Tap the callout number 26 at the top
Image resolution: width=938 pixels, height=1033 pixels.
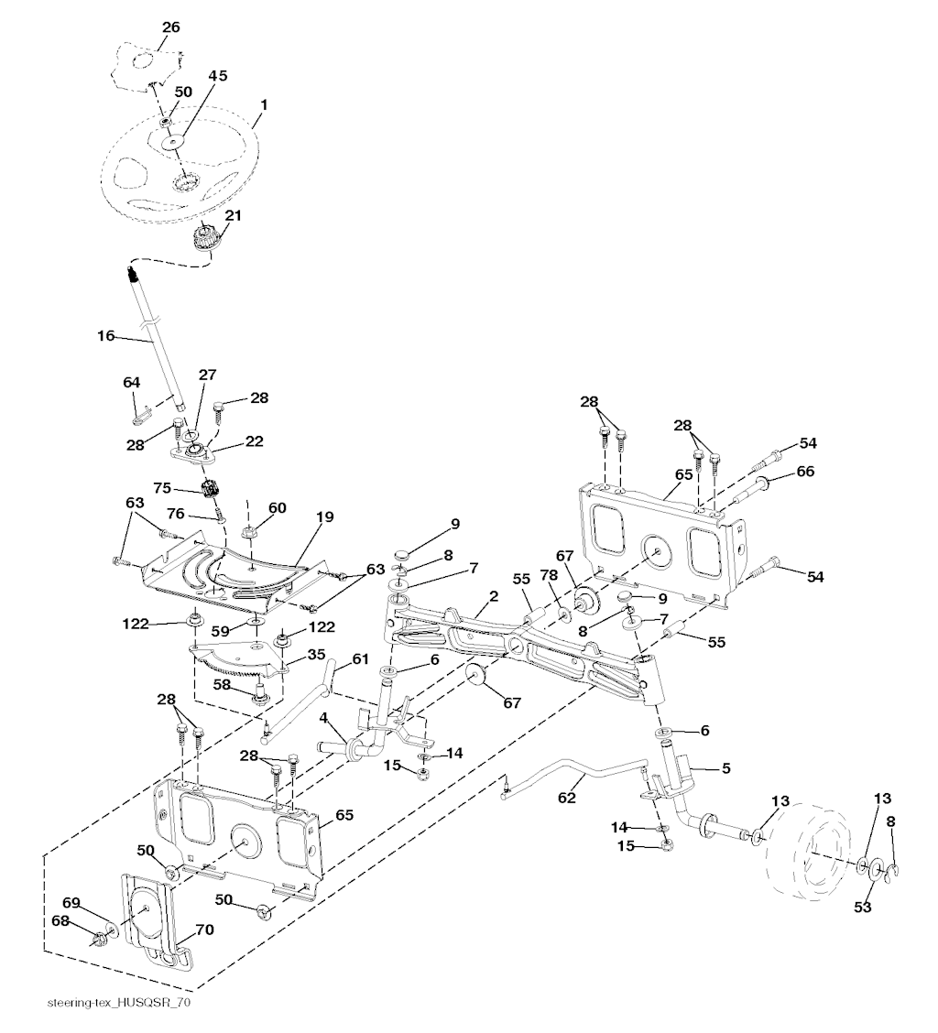(x=171, y=27)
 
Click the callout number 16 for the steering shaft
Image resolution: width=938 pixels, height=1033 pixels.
(x=105, y=336)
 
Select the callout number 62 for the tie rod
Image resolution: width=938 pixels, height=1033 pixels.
(x=567, y=798)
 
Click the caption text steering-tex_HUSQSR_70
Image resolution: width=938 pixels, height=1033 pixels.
(x=119, y=1003)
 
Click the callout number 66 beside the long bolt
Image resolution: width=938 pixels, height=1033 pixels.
(x=805, y=471)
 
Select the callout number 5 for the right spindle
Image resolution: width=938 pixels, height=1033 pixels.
(x=725, y=768)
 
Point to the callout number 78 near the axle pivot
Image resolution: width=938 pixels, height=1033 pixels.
(x=550, y=573)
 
